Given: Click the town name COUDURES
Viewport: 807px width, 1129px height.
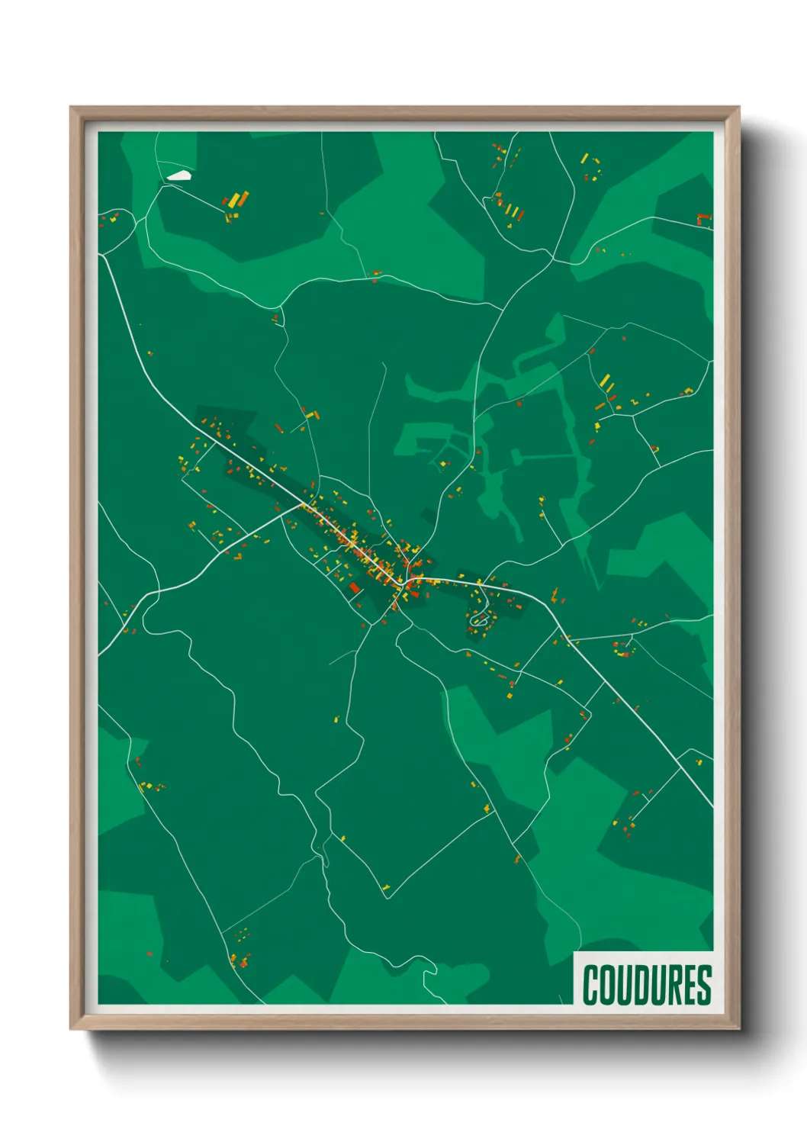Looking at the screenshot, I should click(647, 985).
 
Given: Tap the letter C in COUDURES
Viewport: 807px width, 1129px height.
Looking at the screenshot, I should click(591, 985).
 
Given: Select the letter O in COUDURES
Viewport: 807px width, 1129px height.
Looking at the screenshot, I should click(607, 985).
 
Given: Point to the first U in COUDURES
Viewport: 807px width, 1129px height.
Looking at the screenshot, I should click(623, 985).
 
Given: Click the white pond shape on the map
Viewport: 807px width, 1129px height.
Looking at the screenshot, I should click(178, 175).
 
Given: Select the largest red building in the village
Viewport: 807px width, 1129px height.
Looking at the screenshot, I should click(354, 587).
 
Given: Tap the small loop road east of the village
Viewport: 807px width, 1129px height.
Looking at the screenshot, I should click(479, 619).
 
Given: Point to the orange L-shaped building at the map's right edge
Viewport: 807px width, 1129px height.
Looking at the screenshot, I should click(703, 220).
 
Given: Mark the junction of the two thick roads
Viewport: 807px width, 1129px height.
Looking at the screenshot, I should click(303, 504).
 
